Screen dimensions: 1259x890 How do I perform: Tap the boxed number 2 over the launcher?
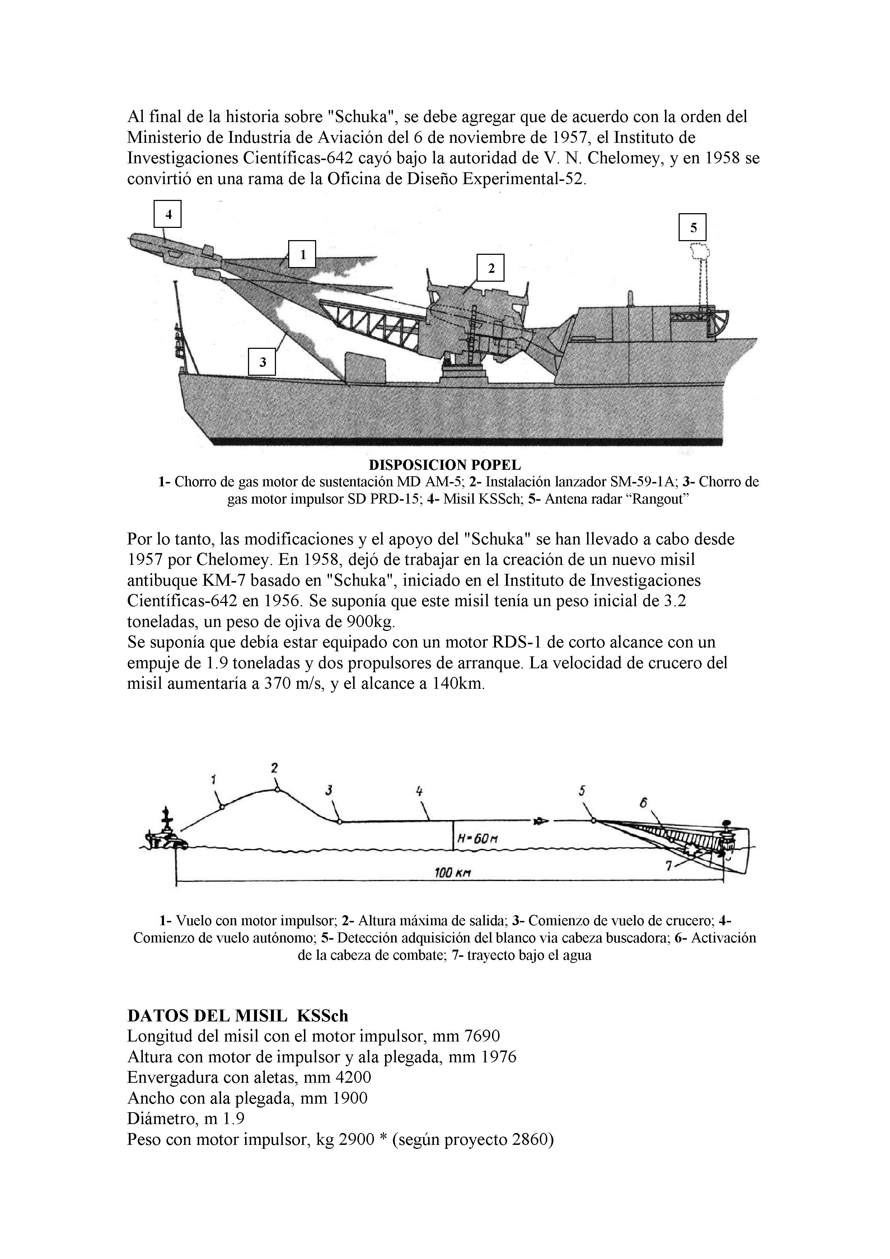tap(490, 268)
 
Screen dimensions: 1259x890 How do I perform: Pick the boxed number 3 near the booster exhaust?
tap(262, 362)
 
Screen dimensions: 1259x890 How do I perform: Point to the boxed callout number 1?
tap(302, 254)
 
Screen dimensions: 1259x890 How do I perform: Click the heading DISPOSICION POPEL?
tap(445, 465)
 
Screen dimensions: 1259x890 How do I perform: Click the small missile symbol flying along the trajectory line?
tap(540, 821)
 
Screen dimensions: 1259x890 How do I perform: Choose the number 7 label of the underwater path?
tap(669, 866)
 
